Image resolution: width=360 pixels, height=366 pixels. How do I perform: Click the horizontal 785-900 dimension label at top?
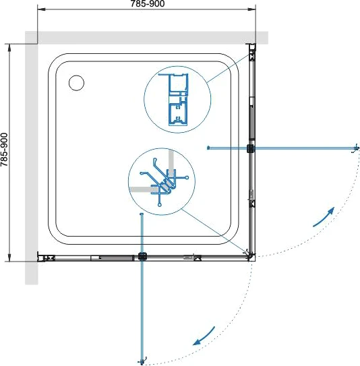(x=148, y=3)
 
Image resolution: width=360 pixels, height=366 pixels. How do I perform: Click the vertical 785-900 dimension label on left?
(x=4, y=150)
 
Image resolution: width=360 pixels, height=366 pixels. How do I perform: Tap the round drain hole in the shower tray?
(x=77, y=83)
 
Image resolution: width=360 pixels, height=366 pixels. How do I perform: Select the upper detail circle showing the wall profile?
(x=177, y=99)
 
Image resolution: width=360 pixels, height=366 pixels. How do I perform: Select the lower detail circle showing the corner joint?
(x=162, y=181)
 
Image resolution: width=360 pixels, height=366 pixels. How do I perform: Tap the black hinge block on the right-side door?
(x=251, y=148)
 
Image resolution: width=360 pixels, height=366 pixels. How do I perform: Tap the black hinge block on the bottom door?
(x=142, y=256)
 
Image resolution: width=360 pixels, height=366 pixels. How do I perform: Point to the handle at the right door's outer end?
(x=355, y=148)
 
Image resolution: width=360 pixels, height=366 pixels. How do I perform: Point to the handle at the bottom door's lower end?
(x=142, y=361)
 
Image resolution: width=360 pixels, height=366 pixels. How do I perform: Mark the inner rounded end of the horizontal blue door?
(x=208, y=148)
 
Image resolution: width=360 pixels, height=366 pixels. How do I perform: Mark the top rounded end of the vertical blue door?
(x=141, y=214)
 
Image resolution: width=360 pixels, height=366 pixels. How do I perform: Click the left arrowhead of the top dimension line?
(x=41, y=9)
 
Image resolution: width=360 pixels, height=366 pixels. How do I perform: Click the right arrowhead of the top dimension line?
(x=252, y=9)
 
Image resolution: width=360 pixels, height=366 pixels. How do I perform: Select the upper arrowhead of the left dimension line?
(x=9, y=47)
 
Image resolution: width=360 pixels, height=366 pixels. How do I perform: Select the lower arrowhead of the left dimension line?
(x=9, y=257)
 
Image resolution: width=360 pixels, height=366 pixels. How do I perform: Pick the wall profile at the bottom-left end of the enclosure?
(x=46, y=257)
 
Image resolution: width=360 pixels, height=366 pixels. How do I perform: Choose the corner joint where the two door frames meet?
(x=251, y=255)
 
